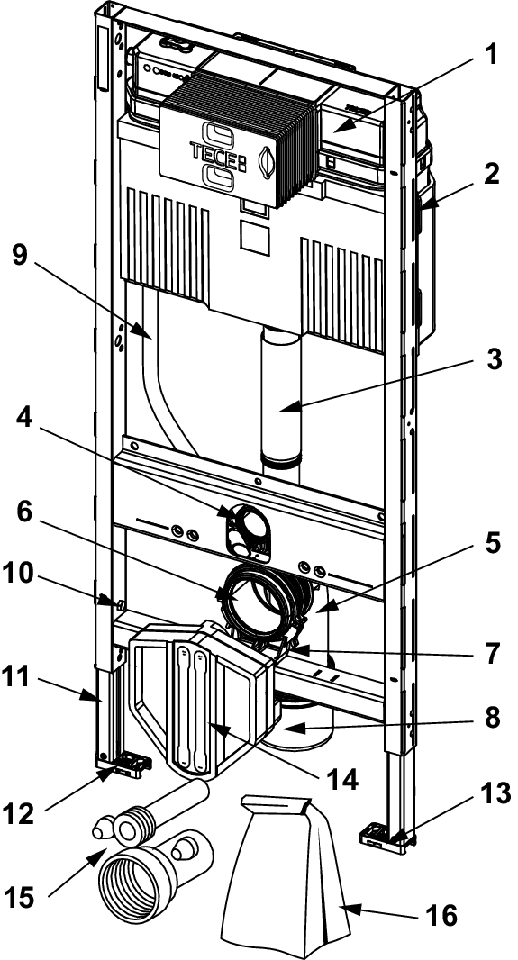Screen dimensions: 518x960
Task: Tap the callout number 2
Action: (x=490, y=176)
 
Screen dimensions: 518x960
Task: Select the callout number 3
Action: (x=490, y=360)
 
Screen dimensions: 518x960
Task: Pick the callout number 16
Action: (x=440, y=916)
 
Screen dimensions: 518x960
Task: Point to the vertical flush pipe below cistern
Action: (x=281, y=398)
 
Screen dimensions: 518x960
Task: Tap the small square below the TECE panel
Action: (x=255, y=237)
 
